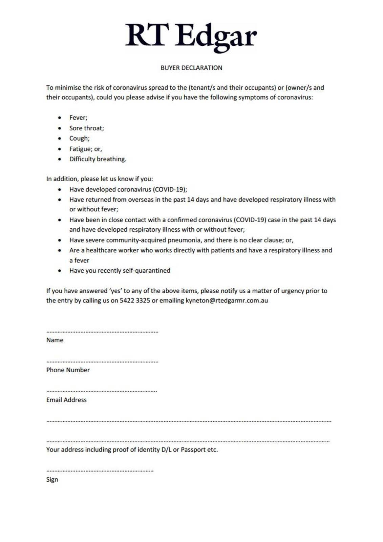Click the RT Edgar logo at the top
click(191, 37)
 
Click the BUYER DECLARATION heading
click(191, 68)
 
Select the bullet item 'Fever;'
click(78, 118)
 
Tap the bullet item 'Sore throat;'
click(86, 128)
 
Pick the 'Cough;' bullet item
click(79, 138)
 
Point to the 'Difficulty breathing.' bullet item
click(98, 159)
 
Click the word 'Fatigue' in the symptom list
click(80, 149)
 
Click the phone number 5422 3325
click(135, 300)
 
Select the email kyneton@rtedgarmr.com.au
click(227, 300)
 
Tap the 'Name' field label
click(55, 340)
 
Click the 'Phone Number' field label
click(68, 370)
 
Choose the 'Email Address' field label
click(66, 400)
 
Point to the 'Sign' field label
click(52, 480)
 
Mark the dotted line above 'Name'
click(102, 332)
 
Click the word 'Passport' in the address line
click(193, 450)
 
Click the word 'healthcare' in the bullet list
click(101, 250)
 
